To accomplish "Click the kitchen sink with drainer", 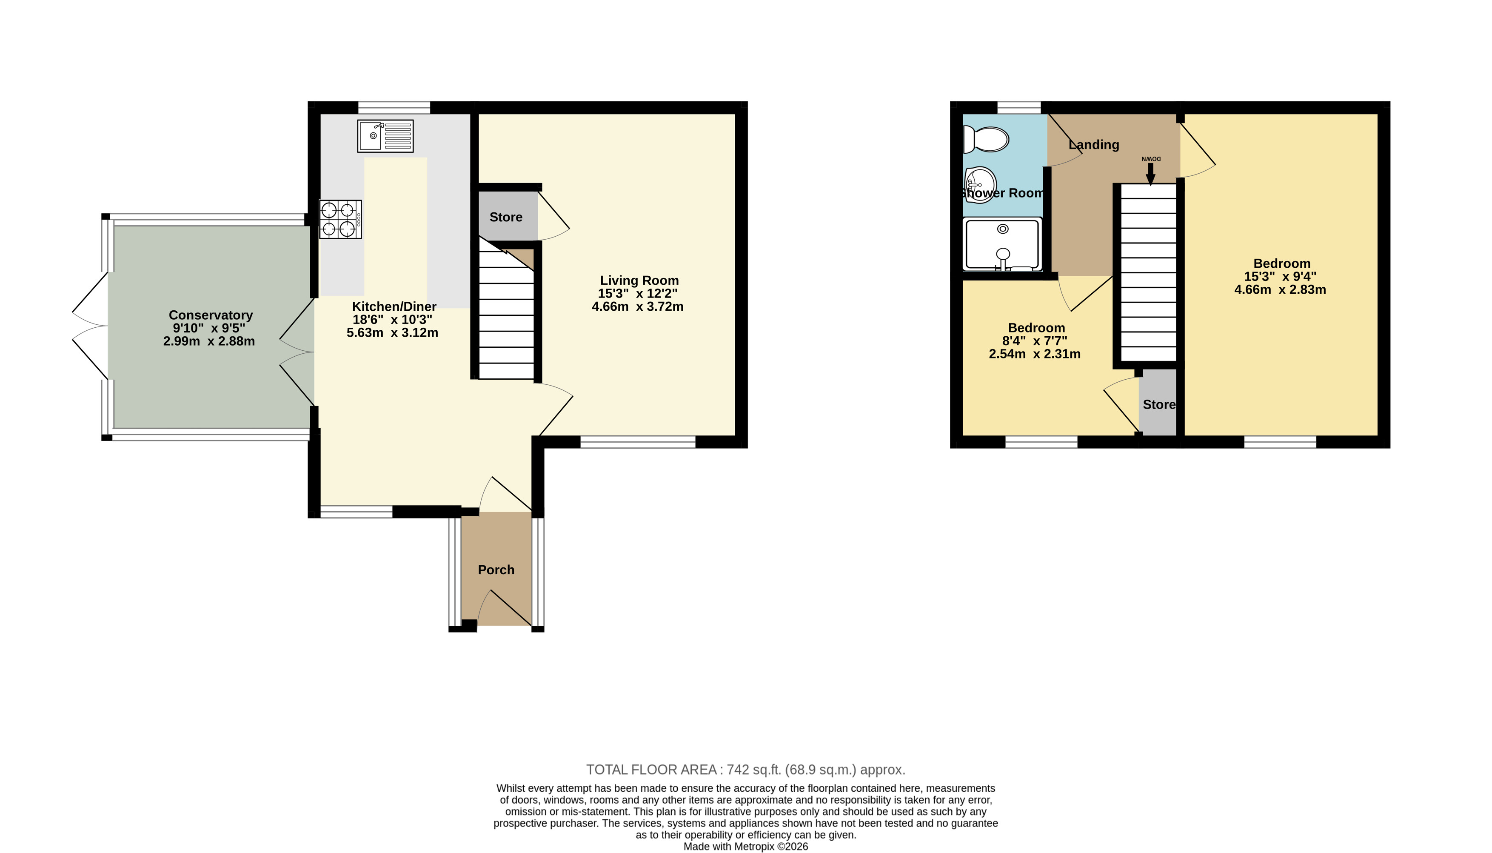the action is [385, 136].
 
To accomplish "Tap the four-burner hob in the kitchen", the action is [340, 219].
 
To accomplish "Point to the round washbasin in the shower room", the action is [980, 185].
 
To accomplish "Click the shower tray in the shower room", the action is [1002, 244].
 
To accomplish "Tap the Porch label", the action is [496, 570].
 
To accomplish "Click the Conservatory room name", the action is [211, 315].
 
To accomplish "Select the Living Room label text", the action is [639, 281].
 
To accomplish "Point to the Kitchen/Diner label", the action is [394, 306].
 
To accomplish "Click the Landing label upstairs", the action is [1094, 145].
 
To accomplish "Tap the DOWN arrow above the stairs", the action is [1151, 173].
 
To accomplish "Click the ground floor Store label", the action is [506, 218].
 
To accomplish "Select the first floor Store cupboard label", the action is [1159, 405].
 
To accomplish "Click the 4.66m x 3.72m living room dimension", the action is [638, 306].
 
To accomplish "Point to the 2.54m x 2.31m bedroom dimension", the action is [1035, 354].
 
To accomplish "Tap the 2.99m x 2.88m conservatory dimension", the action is [209, 341].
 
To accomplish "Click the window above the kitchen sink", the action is [394, 108].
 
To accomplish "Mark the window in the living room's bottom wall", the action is [638, 442].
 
